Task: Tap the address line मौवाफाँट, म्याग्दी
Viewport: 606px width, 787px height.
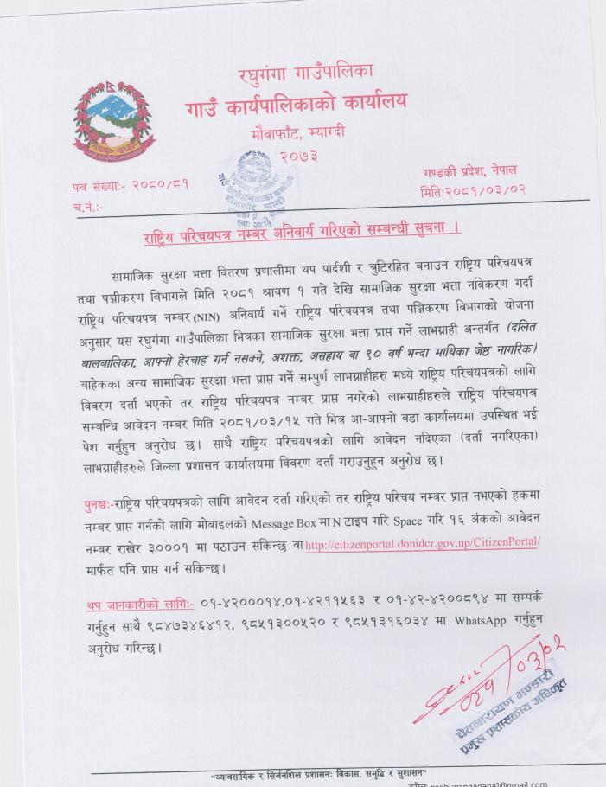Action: pos(302,136)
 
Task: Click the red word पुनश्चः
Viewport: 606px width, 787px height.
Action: pos(96,506)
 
